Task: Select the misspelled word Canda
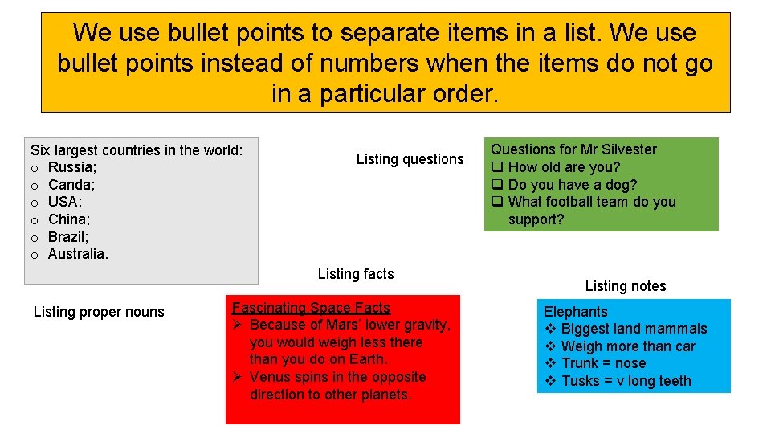(68, 185)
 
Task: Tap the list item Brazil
(67, 237)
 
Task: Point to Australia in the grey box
(76, 254)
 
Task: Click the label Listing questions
(410, 159)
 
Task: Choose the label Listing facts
(356, 274)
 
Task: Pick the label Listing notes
(626, 286)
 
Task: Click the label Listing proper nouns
(99, 312)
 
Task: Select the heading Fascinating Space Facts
(311, 308)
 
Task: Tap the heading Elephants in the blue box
(575, 312)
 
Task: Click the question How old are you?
(564, 167)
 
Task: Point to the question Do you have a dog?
(573, 185)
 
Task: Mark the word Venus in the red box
(271, 377)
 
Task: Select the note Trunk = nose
(603, 363)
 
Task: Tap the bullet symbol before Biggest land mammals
(551, 329)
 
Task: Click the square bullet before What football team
(498, 202)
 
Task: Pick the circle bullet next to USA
(35, 203)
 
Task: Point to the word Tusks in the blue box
(579, 381)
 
